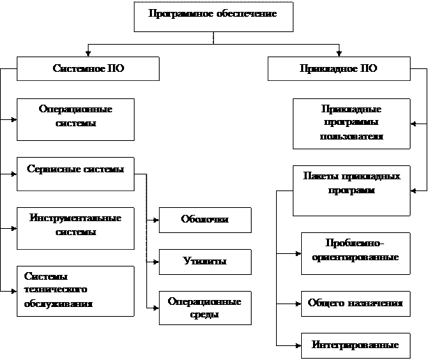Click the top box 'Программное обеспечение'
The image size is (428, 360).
point(213,15)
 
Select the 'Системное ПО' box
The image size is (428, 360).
point(89,69)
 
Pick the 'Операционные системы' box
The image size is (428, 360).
point(75,117)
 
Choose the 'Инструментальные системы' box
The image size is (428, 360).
point(75,225)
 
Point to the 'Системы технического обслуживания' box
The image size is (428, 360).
point(75,290)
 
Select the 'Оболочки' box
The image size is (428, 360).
point(205,220)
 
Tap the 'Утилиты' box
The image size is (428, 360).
point(205,262)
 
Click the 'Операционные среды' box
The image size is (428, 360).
point(205,308)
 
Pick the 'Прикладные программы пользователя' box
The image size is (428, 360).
point(351,123)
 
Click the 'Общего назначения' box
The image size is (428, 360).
point(356,303)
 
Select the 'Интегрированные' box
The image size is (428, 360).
point(356,345)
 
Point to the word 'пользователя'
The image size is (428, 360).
point(351,136)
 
